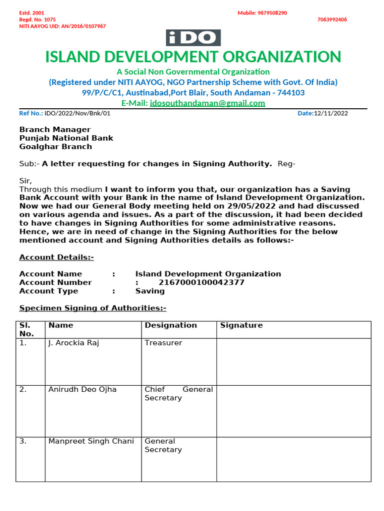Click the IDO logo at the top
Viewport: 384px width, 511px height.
pyautogui.click(x=193, y=38)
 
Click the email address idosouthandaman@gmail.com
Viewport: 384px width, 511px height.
pyautogui.click(x=207, y=103)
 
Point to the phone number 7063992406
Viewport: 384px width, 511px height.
pyautogui.click(x=332, y=19)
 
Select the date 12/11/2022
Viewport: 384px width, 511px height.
pyautogui.click(x=330, y=113)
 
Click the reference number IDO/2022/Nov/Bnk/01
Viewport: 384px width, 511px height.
pyautogui.click(x=77, y=113)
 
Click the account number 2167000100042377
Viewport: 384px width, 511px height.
pyautogui.click(x=201, y=282)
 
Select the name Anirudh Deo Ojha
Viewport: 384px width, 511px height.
pyautogui.click(x=82, y=389)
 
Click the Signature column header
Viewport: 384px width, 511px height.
pyautogui.click(x=241, y=325)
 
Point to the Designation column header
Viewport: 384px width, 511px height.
pyautogui.click(x=170, y=325)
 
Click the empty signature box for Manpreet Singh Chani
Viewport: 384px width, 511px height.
pyautogui.click(x=293, y=459)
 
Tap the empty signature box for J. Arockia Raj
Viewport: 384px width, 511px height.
pyautogui.click(x=293, y=361)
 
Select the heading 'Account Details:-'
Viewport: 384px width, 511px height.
pyautogui.click(x=56, y=257)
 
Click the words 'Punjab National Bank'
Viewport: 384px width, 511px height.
pyautogui.click(x=66, y=138)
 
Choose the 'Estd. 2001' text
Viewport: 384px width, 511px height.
pyautogui.click(x=31, y=13)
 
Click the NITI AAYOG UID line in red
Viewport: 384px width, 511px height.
pyautogui.click(x=62, y=26)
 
